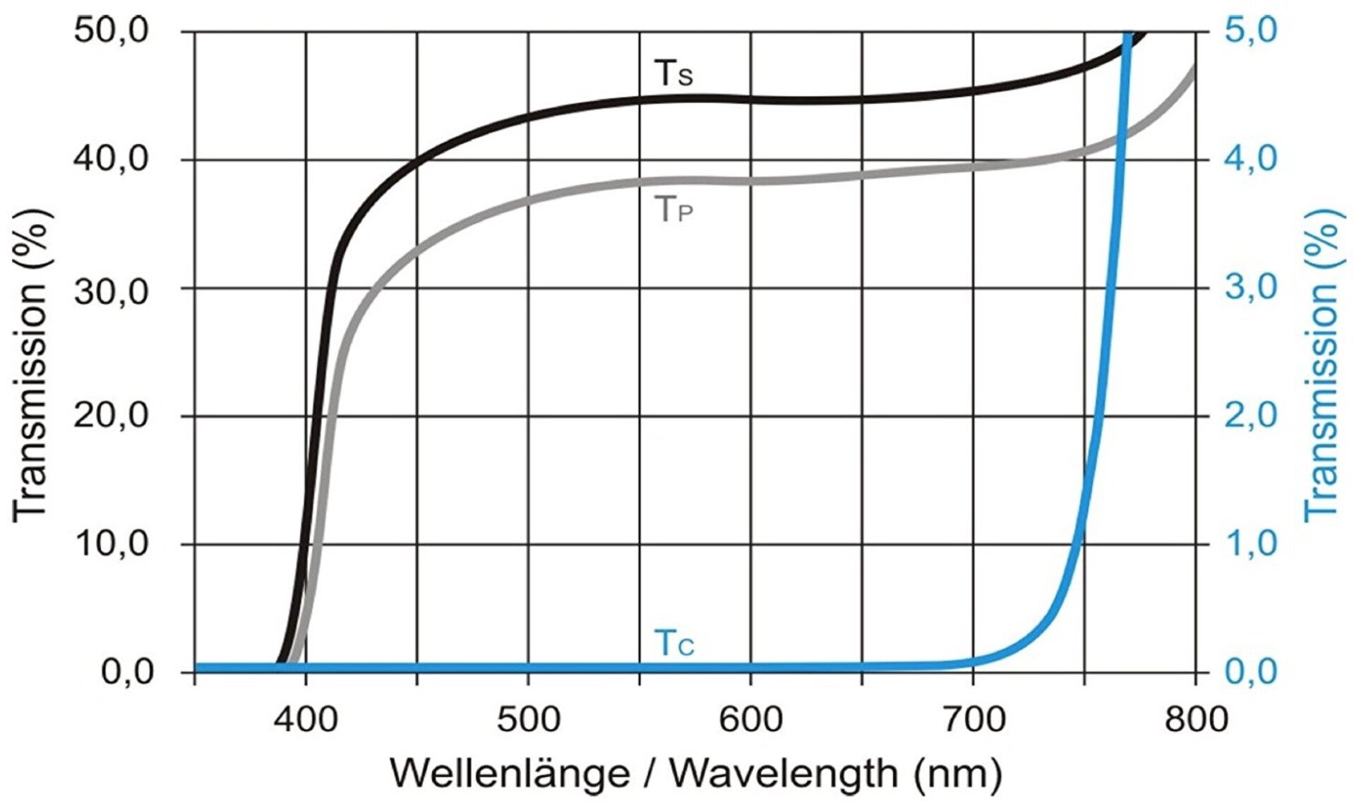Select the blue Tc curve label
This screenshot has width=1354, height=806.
(674, 643)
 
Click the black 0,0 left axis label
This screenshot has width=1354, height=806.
(128, 672)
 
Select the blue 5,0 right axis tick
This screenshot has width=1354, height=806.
(1251, 32)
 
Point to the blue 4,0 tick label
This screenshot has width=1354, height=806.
(1251, 160)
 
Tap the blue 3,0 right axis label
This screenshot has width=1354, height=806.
(1251, 289)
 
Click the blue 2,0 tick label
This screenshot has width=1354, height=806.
(1251, 416)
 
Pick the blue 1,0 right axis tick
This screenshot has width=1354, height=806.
(1251, 544)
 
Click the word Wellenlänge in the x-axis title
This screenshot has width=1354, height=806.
(509, 774)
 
